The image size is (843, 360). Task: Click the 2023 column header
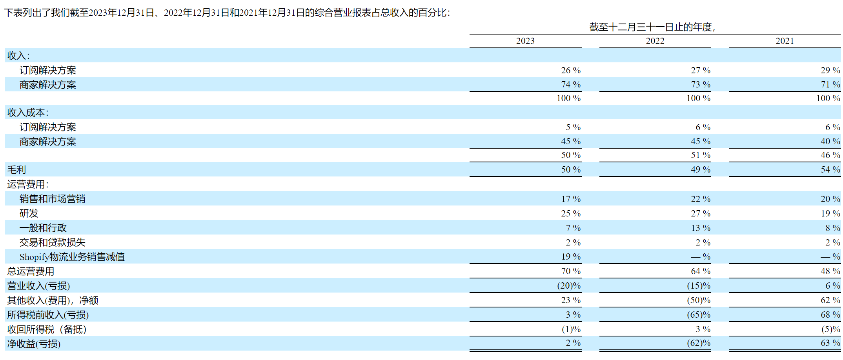tap(525, 41)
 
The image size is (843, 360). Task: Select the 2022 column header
tap(655, 41)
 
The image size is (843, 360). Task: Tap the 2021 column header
tap(785, 41)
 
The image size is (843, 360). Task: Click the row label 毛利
tap(16, 170)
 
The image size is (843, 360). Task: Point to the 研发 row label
tap(29, 213)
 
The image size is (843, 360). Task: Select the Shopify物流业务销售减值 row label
tap(72, 257)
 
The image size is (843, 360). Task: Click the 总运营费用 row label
tap(31, 271)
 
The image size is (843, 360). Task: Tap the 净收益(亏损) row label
tap(34, 344)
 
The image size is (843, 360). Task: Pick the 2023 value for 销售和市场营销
tap(571, 199)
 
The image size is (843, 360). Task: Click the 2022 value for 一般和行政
tap(701, 228)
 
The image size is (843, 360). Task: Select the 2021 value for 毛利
tap(830, 170)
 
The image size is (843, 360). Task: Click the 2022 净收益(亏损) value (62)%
tap(699, 343)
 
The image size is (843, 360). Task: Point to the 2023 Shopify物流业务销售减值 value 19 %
tap(571, 257)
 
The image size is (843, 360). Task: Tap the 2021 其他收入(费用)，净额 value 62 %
tap(830, 300)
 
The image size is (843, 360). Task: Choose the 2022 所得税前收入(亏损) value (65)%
tap(699, 315)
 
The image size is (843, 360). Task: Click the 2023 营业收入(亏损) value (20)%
tap(569, 286)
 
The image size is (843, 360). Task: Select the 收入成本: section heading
tap(27, 113)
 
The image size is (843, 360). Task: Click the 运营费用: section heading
tap(27, 184)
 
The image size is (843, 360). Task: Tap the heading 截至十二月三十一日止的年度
tap(650, 27)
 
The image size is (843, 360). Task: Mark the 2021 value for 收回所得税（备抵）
tap(831, 329)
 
